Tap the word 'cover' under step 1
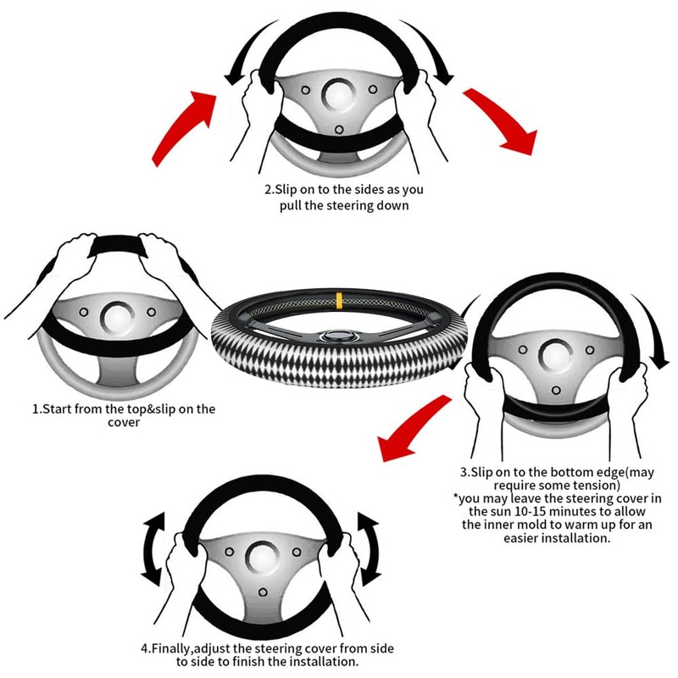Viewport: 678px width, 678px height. (123, 423)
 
